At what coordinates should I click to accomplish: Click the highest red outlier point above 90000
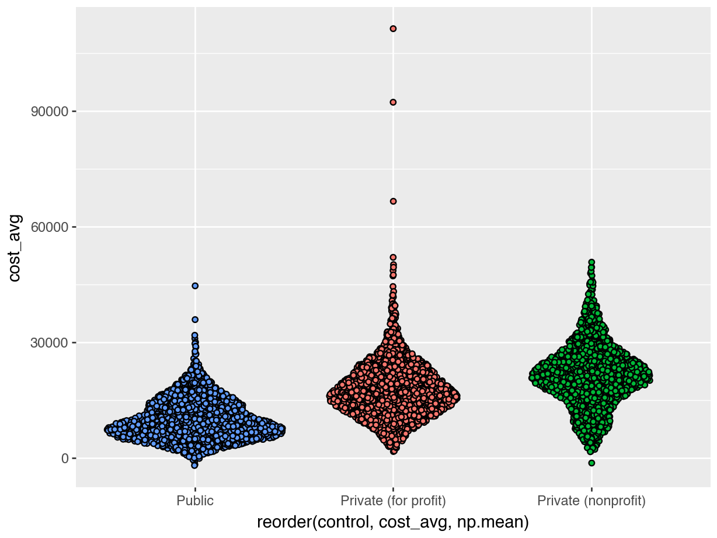pos(393,28)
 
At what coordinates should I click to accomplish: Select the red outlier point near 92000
pos(393,102)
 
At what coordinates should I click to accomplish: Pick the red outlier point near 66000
pos(393,201)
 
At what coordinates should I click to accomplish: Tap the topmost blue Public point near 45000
pos(195,286)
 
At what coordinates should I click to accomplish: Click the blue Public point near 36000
pos(195,320)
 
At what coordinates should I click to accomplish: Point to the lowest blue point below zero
pos(194,466)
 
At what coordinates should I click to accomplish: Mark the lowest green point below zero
pos(591,463)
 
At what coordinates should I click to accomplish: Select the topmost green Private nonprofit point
pos(591,262)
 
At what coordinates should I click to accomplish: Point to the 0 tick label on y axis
pos(65,458)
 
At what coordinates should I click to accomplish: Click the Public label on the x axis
pos(195,501)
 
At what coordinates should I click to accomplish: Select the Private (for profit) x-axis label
pos(393,501)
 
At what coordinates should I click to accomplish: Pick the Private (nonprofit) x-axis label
pos(591,501)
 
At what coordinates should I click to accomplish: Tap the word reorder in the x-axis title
pos(283,522)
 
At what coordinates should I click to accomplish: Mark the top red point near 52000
pos(393,257)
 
